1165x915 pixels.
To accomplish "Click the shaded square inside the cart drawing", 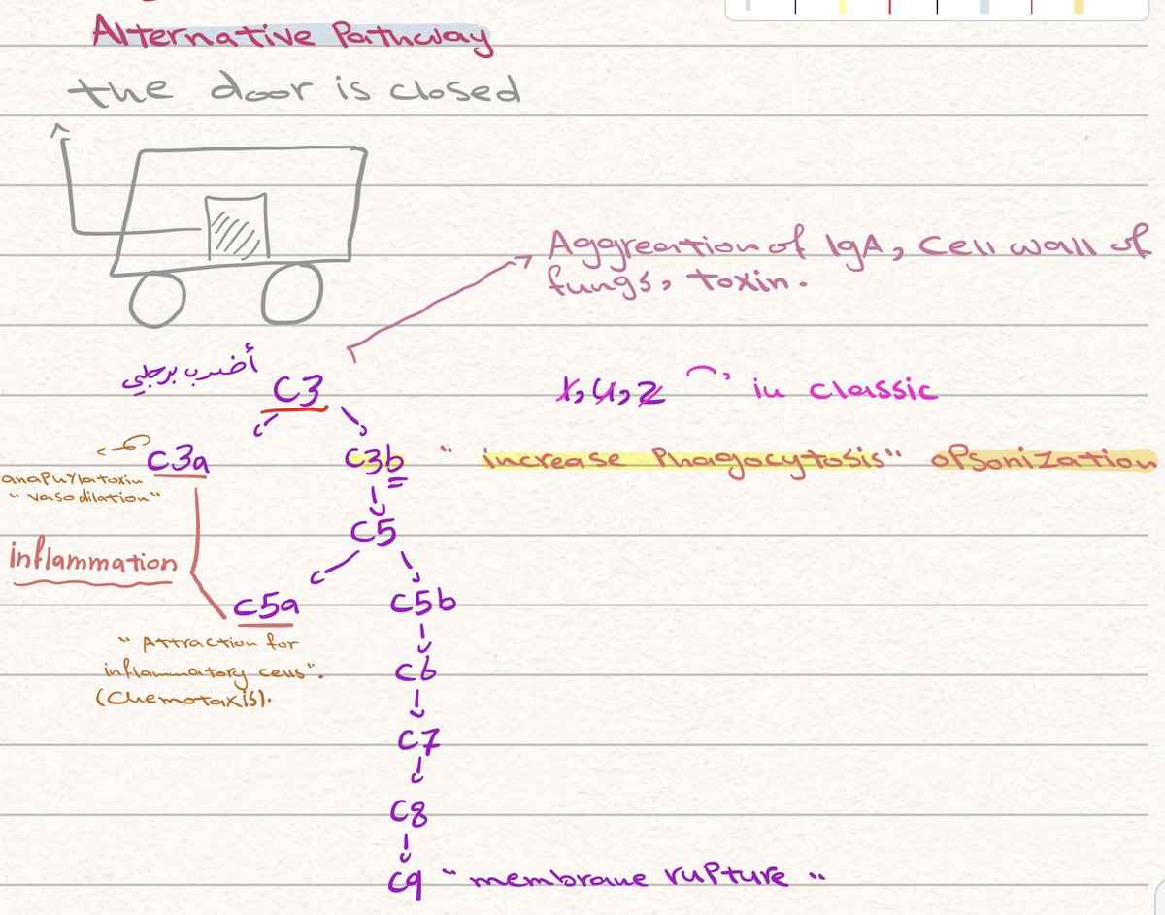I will (x=235, y=227).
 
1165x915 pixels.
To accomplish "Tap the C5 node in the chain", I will (x=376, y=533).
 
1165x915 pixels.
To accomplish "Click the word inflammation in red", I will (x=93, y=562).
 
